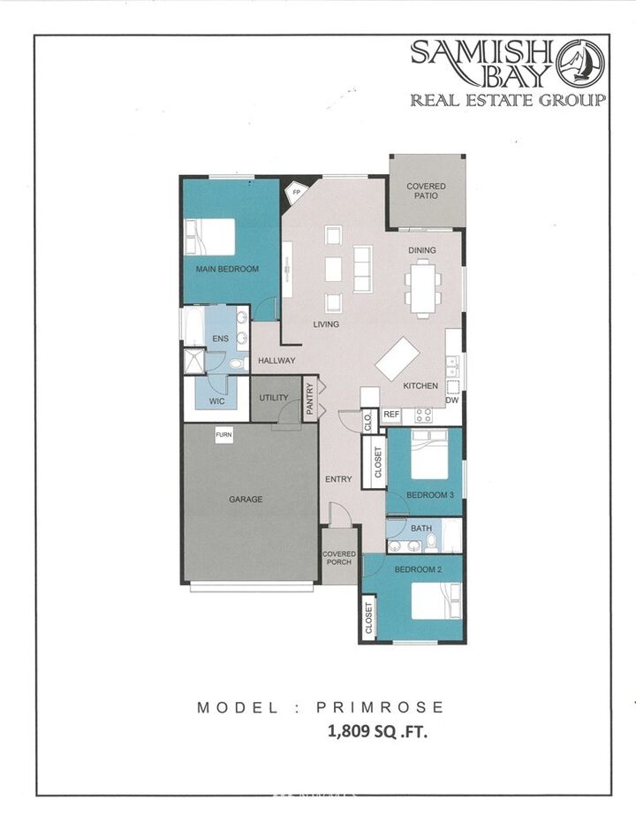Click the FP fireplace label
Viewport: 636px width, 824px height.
click(297, 191)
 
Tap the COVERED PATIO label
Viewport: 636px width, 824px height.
click(426, 192)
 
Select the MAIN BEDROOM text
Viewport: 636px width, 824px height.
click(227, 269)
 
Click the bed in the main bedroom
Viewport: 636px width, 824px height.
click(210, 237)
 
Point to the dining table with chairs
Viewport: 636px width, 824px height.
click(424, 290)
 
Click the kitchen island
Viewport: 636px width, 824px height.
click(397, 358)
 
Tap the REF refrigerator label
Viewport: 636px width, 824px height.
click(391, 414)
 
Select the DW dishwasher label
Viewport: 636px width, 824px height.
click(452, 401)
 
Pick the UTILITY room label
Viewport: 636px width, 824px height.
click(274, 398)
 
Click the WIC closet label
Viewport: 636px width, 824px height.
click(217, 401)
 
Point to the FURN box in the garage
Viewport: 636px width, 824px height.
click(224, 436)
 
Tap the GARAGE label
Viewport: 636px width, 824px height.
click(246, 500)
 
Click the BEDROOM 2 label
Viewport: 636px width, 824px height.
click(417, 568)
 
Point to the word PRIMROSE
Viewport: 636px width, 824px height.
click(384, 707)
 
